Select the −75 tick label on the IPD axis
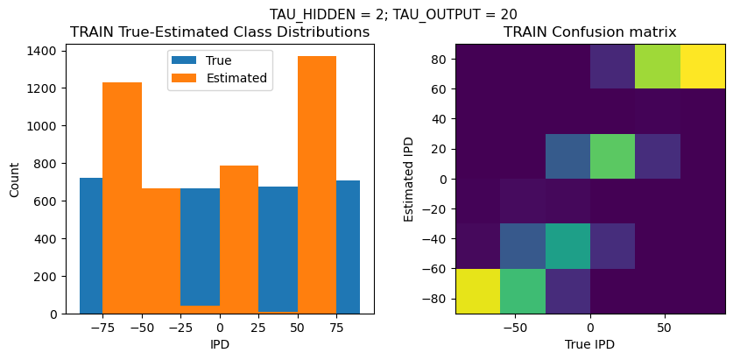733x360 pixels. pos(102,328)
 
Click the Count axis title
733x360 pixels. pos(15,180)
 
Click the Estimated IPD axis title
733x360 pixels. pos(409,179)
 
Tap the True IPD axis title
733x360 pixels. pos(589,345)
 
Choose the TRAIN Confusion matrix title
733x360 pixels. pos(589,32)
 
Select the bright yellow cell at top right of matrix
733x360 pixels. pos(702,67)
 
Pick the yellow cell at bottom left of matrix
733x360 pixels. pos(478,291)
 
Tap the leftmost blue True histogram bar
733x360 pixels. pos(91,246)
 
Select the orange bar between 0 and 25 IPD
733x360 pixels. pos(239,239)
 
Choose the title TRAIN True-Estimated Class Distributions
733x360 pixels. pos(220,32)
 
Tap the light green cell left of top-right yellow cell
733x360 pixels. pos(658,67)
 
